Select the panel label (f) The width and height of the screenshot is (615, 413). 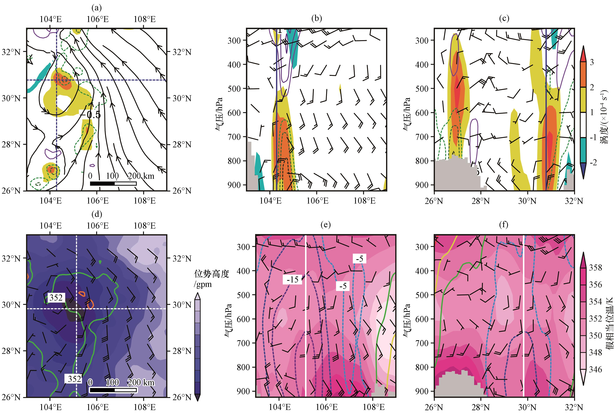(x=504, y=225)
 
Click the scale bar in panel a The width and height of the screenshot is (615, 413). (x=113, y=183)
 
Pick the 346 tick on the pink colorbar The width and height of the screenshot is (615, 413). (x=596, y=369)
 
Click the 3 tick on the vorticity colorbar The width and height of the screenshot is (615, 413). (x=592, y=62)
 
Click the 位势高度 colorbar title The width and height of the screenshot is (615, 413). (x=211, y=274)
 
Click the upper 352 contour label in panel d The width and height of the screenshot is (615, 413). (x=56, y=298)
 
